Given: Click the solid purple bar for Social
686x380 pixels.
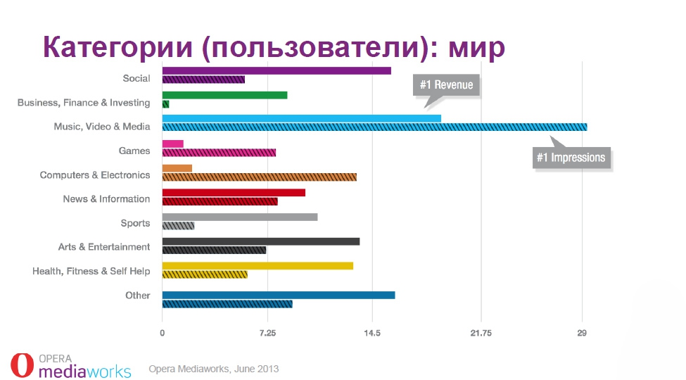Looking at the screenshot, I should coord(276,70).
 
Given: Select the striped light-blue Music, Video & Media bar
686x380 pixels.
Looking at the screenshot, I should coord(374,127).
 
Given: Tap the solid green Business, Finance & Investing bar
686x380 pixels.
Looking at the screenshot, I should coord(224,94).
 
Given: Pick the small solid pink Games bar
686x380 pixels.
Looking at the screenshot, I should coord(172,144).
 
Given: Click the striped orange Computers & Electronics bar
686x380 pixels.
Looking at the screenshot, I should coord(259,177).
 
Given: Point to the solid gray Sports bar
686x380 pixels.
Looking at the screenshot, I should coord(239,217).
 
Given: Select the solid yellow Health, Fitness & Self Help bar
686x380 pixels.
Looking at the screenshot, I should coord(258,265).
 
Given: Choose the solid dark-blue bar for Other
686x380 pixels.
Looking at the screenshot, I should coord(278,295).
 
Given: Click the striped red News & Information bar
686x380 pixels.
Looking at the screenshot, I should coord(220,202).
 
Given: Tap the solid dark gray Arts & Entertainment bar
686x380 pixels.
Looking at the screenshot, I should coord(260,241).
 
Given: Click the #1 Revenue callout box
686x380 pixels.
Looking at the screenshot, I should coord(446,85).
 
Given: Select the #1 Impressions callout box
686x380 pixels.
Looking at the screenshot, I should coord(571,158).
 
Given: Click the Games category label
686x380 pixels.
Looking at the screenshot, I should coord(134,151).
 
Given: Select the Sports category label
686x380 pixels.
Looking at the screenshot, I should coord(135,223).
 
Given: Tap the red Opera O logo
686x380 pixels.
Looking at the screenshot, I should coord(22,365).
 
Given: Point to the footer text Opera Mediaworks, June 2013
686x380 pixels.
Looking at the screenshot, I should coord(214,369).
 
